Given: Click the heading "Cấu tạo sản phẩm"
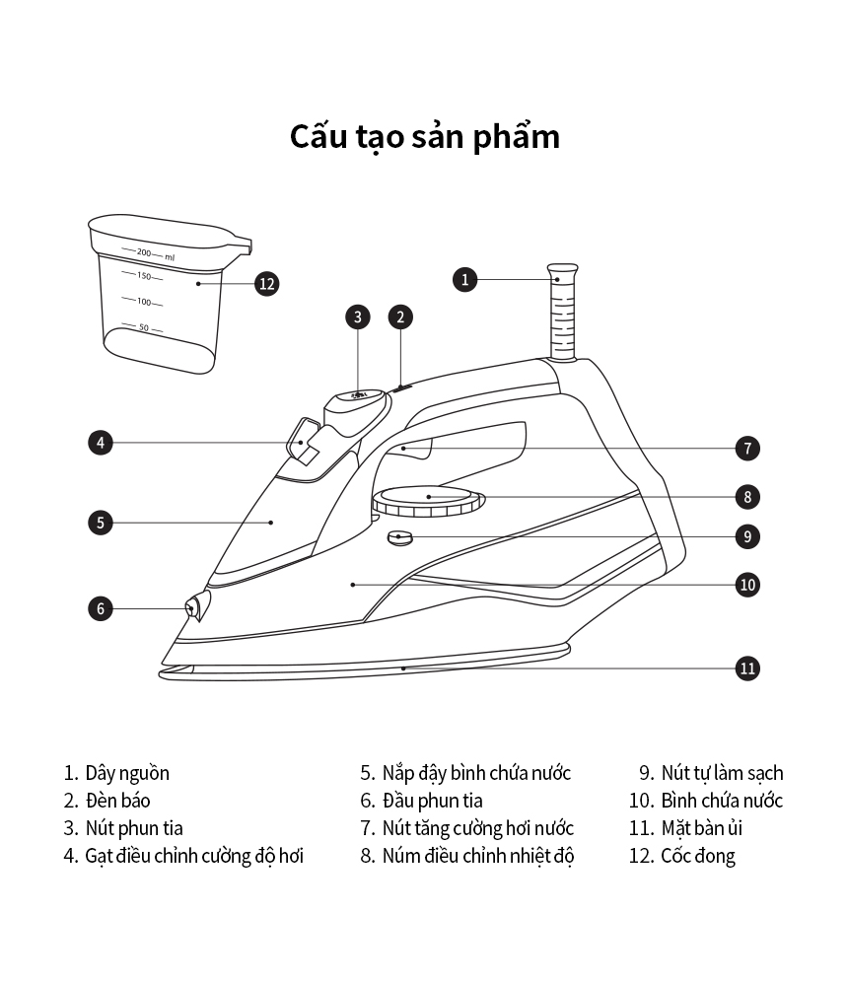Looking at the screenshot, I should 424,136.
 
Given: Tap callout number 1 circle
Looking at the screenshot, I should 465,279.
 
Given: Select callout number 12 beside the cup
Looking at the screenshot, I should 266,284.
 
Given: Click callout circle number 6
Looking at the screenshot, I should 100,608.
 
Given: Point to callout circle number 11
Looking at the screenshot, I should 747,668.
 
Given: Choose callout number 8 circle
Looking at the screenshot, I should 747,496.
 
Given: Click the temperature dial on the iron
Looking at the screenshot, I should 429,499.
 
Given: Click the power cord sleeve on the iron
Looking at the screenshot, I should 561,311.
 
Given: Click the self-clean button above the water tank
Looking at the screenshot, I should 400,537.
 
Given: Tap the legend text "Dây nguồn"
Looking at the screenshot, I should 127,773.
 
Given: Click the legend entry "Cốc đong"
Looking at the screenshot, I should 698,856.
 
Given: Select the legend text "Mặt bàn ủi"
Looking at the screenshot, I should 701,828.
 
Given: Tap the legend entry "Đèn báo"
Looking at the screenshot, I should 117,801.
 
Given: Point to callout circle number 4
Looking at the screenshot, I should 100,443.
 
